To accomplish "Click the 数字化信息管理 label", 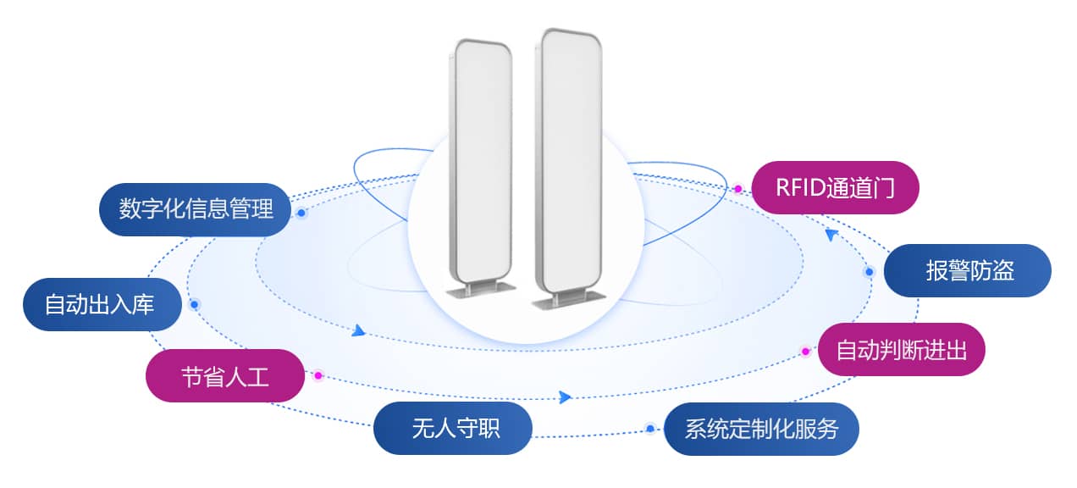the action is [x=196, y=209].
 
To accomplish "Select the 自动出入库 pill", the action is [x=102, y=304].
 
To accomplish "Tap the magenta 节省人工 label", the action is [x=225, y=376].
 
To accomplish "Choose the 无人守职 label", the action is [x=453, y=429].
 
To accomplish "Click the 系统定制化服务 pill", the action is [x=761, y=429].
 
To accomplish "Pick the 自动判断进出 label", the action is [x=902, y=349].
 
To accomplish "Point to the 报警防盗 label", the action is [x=968, y=270].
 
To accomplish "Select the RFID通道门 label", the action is [x=835, y=188].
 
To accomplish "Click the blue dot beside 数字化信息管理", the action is [x=301, y=213].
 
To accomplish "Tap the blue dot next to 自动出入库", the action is [x=194, y=305].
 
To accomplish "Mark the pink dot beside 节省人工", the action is [x=318, y=375].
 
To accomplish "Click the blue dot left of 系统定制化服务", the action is [x=650, y=429].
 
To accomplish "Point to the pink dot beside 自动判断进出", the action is [x=806, y=352].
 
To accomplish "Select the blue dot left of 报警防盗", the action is [x=870, y=272].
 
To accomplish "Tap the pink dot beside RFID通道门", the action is [x=738, y=189].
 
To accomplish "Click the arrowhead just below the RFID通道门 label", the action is [x=831, y=235].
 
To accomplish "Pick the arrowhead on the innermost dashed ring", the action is [x=358, y=330].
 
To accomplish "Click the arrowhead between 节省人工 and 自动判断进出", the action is [x=565, y=397].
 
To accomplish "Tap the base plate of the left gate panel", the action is [x=481, y=291].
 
